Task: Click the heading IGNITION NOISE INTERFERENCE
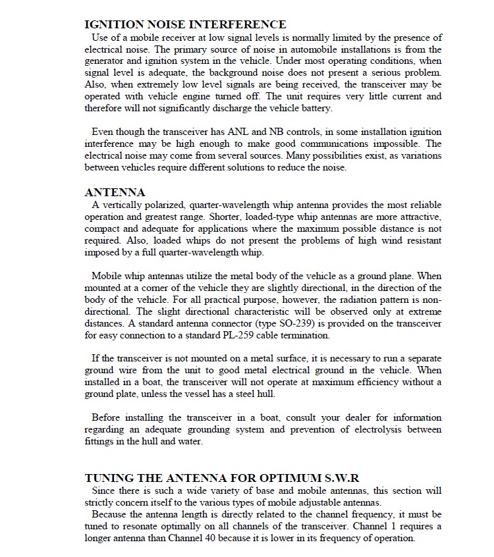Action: (185, 24)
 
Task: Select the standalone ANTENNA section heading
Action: (115, 192)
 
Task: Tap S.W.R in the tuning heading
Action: (341, 477)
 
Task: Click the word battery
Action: (317, 107)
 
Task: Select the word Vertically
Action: (121, 205)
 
